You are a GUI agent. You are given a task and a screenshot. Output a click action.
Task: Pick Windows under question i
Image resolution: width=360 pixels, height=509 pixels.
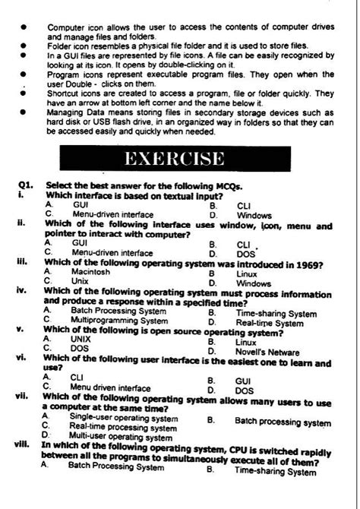(x=254, y=215)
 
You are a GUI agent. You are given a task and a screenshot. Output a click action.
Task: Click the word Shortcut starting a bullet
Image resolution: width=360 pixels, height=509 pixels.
(x=65, y=93)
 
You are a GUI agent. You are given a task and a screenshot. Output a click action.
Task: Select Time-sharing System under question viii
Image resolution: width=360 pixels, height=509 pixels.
(x=276, y=472)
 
